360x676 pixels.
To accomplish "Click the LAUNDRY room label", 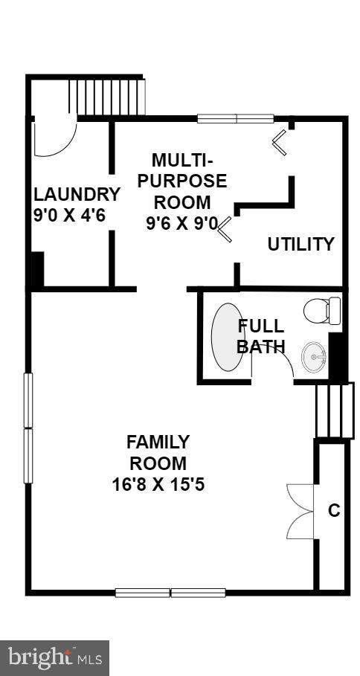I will point(77,195).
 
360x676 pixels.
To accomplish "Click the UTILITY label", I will point(300,244).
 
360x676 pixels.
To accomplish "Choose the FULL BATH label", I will point(260,335).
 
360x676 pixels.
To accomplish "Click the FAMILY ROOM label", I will point(158,452).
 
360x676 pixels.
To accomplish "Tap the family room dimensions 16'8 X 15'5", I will point(158,485).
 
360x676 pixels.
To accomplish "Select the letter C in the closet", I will point(334,511).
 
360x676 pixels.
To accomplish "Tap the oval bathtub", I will point(228,336).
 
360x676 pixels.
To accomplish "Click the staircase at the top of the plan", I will point(105,96).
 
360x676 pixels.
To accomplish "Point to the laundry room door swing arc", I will point(56,138).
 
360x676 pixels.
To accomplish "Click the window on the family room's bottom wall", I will point(170,593).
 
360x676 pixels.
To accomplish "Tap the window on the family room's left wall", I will point(28,428).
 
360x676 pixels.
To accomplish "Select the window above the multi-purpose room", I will point(236,118).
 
